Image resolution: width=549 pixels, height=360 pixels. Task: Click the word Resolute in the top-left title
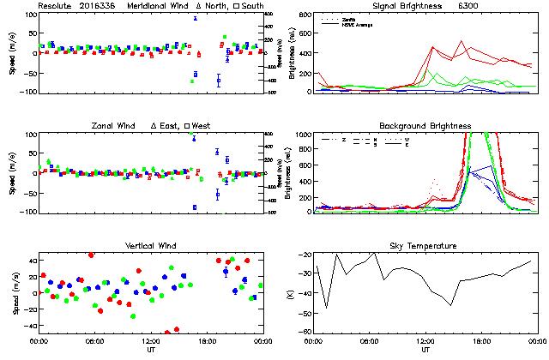pos(55,5)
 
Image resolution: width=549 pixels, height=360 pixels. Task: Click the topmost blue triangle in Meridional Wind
pos(195,17)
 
